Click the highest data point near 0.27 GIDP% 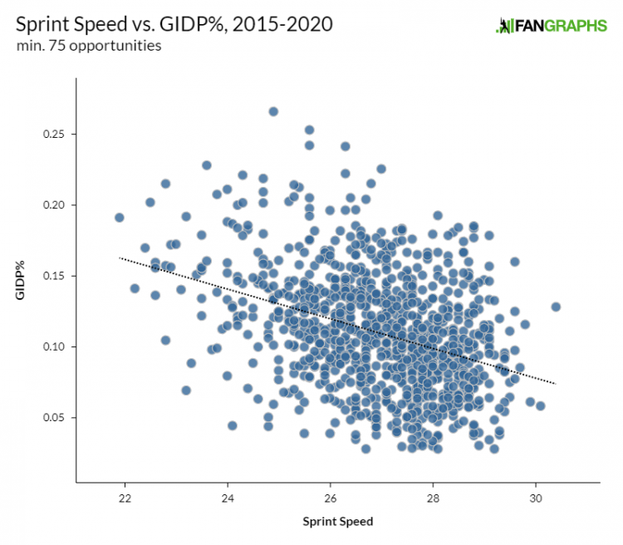tap(273, 111)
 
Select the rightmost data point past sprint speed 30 tap(556, 307)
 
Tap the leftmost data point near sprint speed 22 tap(120, 218)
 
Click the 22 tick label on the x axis tap(125, 498)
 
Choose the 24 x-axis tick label tap(228, 498)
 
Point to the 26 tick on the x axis tap(331, 498)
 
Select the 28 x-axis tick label tap(433, 498)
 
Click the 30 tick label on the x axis tap(536, 498)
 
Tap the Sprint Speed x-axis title tap(338, 522)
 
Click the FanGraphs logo tap(552, 26)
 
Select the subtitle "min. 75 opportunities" tap(89, 46)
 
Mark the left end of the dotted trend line tap(120, 258)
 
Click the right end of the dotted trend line tap(555, 384)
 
